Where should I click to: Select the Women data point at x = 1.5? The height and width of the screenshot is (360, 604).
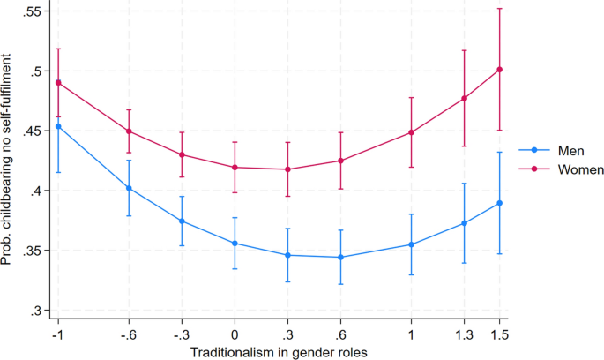(x=500, y=70)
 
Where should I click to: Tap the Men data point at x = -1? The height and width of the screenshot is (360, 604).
(x=58, y=126)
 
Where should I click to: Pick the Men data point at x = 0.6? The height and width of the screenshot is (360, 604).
(x=340, y=258)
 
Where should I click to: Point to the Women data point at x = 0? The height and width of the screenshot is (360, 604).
(x=235, y=168)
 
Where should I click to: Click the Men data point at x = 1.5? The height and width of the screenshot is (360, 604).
(x=500, y=203)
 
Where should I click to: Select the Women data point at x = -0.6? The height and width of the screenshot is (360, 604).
(x=129, y=131)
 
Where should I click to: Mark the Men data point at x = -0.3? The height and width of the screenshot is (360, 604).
(x=182, y=221)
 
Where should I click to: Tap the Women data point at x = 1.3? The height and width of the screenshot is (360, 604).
(x=465, y=98)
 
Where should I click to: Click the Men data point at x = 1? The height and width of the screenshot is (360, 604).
(x=411, y=244)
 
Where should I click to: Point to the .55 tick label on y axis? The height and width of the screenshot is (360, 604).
(x=32, y=11)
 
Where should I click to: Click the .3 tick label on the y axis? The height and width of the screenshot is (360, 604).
(x=35, y=311)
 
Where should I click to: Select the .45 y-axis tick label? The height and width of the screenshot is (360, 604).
(x=32, y=131)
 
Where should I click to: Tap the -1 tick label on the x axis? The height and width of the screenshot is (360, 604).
(x=57, y=334)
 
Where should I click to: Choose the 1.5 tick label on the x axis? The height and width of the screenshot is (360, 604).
(x=500, y=334)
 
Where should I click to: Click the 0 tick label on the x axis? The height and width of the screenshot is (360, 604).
(x=235, y=334)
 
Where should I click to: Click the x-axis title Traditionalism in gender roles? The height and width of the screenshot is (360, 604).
(x=279, y=352)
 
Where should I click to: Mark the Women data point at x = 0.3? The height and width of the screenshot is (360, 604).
(x=287, y=169)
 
